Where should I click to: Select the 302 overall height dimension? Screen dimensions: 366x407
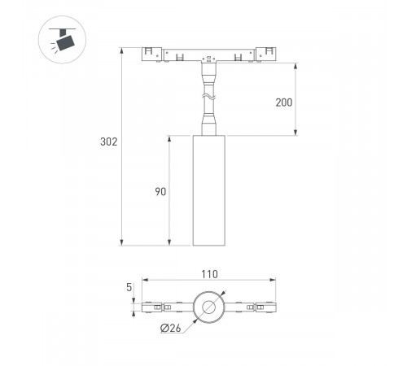pyautogui.click(x=109, y=142)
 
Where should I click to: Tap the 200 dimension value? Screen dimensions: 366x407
pyautogui.click(x=282, y=102)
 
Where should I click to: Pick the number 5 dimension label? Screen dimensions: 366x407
pyautogui.click(x=129, y=288)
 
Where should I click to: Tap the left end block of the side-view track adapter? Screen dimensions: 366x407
pyautogui.click(x=152, y=55)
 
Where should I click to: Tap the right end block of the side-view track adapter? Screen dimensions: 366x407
pyautogui.click(x=265, y=55)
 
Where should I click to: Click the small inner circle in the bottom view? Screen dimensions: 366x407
pyautogui.click(x=209, y=307)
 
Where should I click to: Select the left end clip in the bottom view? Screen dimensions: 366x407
pyautogui.click(x=151, y=307)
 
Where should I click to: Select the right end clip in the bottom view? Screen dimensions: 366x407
pyautogui.click(x=267, y=307)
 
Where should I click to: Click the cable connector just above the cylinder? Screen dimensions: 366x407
pyautogui.click(x=208, y=126)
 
